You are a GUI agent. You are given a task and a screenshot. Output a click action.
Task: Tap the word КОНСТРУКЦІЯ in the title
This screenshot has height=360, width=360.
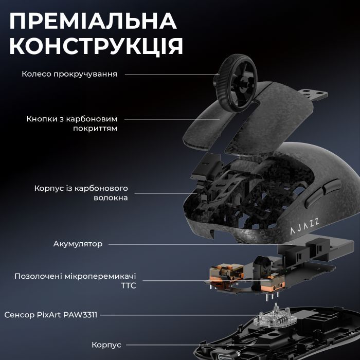click(96, 46)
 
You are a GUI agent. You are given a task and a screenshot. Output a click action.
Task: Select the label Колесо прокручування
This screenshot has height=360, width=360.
click(69, 74)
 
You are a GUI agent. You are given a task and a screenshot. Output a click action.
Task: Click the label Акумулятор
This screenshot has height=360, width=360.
click(78, 244)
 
